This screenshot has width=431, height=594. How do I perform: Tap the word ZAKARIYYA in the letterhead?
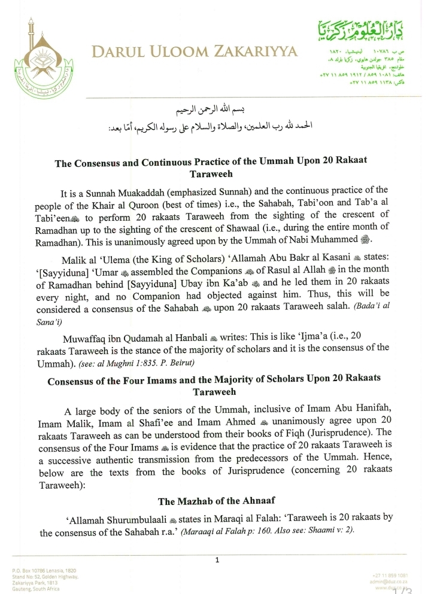pyautogui.click(x=259, y=53)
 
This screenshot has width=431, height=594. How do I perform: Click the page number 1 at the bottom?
pyautogui.click(x=217, y=560)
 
